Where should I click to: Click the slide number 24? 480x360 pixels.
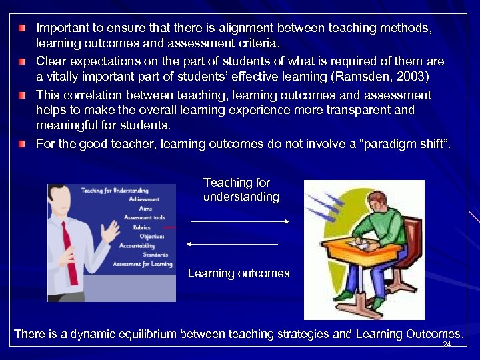pos(447,345)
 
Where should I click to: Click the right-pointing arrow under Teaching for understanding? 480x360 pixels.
pos(239,221)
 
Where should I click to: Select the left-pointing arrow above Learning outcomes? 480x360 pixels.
pos(233,245)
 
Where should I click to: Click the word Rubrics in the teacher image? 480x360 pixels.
pos(141,227)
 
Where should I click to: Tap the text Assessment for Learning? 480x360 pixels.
pos(142,264)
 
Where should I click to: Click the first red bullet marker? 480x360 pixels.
pos(23,29)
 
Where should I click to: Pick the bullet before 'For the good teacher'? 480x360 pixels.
pos(23,143)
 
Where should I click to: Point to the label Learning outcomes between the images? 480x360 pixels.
pos(239,273)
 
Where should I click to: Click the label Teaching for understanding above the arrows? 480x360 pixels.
pos(241,189)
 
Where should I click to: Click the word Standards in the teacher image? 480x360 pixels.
pos(155,255)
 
